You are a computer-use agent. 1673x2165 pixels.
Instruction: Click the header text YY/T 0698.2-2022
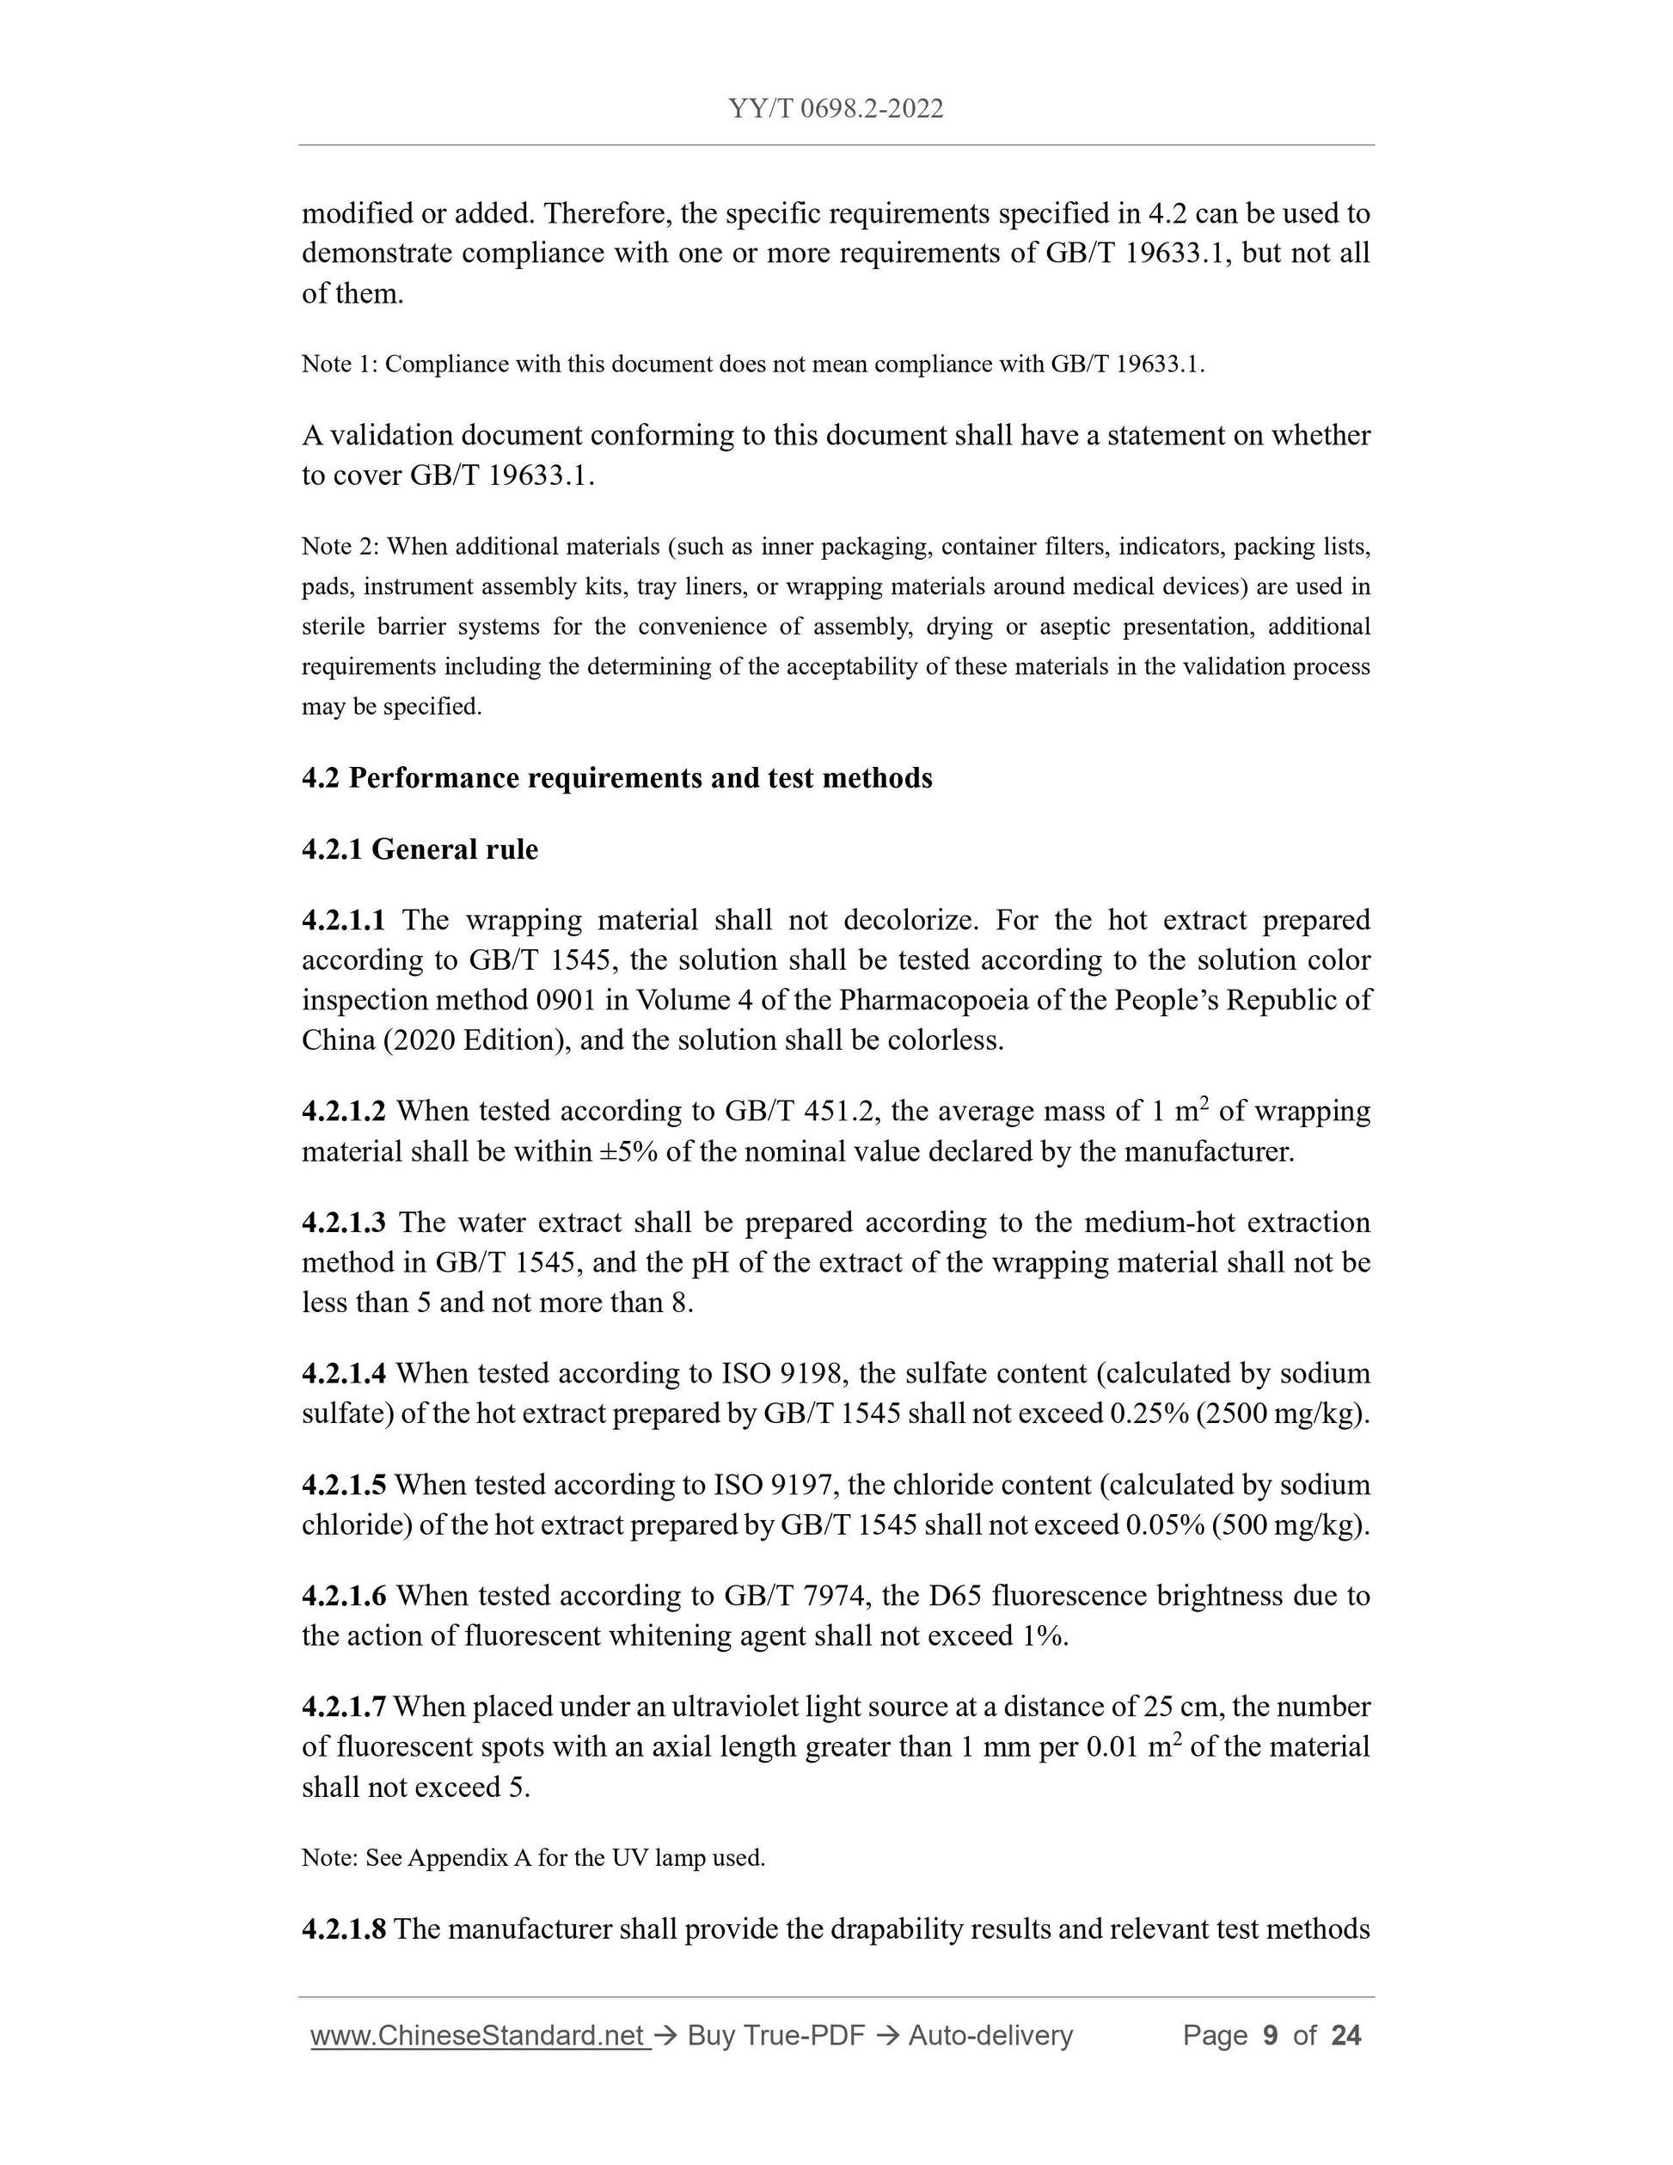coord(836,108)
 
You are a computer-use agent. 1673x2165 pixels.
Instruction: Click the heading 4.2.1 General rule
coord(420,849)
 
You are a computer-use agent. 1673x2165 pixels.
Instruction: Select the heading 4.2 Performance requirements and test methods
coord(616,778)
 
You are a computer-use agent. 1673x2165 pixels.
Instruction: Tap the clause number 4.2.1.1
coord(343,920)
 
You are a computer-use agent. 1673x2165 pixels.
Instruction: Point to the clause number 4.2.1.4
coord(343,1373)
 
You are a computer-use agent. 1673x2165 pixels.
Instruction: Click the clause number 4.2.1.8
coord(343,1929)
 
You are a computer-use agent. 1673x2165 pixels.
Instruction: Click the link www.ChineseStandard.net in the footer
coord(479,2036)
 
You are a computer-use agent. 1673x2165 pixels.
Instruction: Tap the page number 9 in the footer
coord(1270,2036)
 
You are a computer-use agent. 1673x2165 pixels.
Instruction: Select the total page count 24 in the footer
coord(1346,2036)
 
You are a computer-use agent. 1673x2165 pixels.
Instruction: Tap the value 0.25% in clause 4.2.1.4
coord(1149,1414)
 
